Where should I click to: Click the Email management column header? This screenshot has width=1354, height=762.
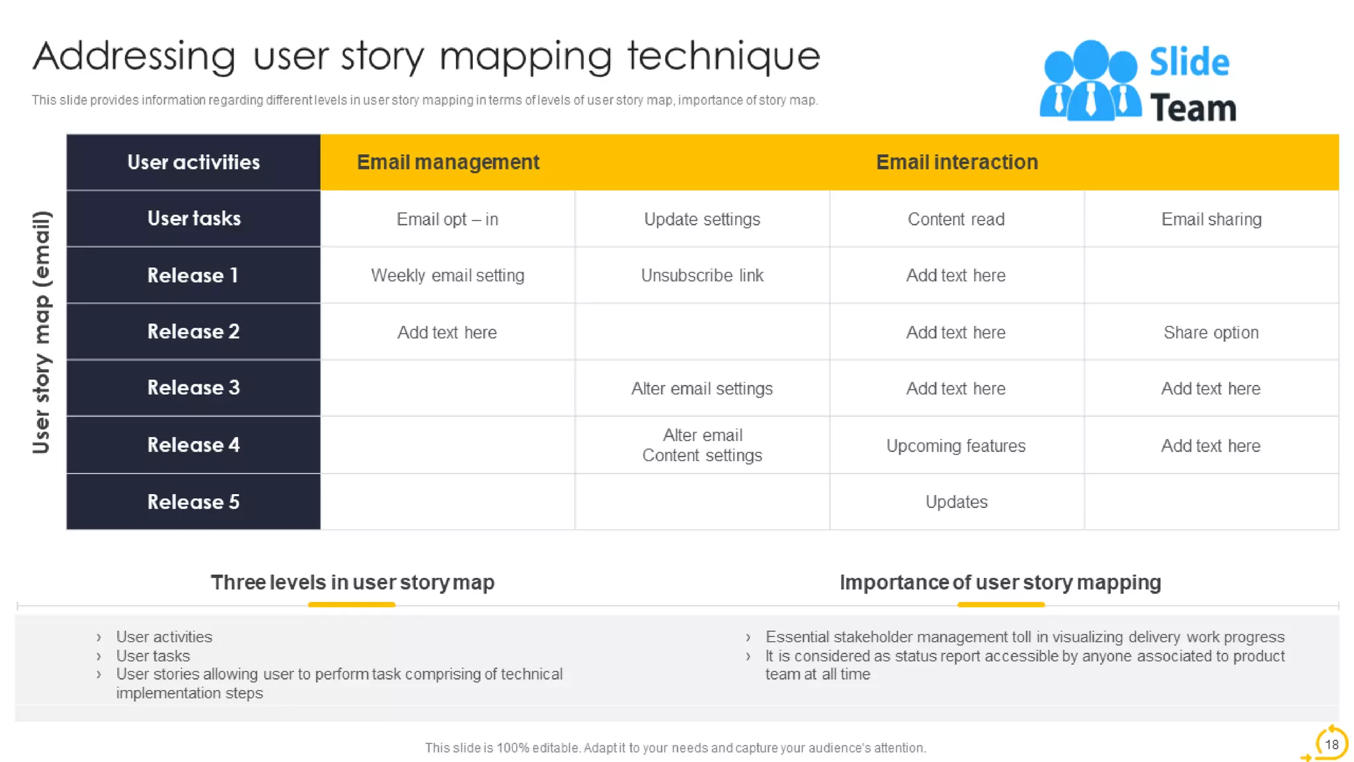(x=448, y=162)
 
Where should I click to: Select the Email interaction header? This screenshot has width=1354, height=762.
(x=957, y=162)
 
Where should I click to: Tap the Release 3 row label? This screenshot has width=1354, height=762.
(x=193, y=388)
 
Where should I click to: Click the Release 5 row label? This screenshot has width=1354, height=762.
(x=193, y=502)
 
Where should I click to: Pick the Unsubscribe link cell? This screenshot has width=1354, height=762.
(x=702, y=275)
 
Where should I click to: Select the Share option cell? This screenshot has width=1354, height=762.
(x=1211, y=332)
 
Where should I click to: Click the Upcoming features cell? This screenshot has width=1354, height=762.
(x=956, y=446)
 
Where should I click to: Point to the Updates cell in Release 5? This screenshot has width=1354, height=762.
(x=956, y=502)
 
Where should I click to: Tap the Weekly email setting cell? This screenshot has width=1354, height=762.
(x=448, y=275)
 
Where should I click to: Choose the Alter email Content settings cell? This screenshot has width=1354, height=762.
(x=702, y=445)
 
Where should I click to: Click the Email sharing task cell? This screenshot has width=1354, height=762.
(x=1211, y=219)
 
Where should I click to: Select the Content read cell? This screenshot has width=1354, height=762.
(x=956, y=219)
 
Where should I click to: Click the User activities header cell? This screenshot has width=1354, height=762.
(x=193, y=162)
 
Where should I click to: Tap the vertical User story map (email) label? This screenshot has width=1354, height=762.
(x=41, y=332)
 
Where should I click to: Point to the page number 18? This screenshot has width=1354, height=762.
(x=1331, y=744)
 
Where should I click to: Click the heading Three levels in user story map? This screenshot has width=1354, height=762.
(x=352, y=582)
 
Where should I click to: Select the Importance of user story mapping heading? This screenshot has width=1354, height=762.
(x=1000, y=582)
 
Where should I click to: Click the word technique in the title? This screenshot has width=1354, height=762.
(x=723, y=56)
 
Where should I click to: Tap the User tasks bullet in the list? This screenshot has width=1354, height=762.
(x=153, y=656)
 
